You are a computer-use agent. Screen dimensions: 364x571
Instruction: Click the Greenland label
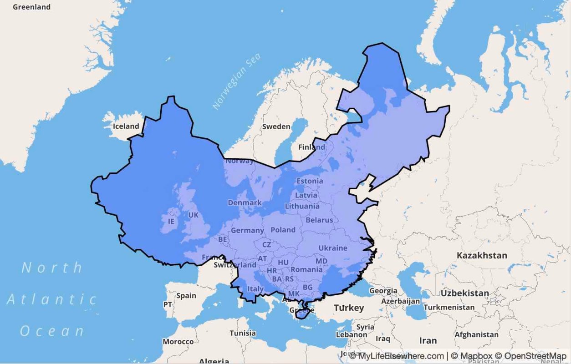point(31,7)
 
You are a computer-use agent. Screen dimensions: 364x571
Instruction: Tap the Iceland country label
point(126,126)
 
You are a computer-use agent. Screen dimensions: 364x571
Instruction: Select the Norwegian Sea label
point(237,82)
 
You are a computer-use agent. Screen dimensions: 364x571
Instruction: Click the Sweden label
point(276,126)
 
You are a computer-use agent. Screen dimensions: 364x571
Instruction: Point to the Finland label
point(311,147)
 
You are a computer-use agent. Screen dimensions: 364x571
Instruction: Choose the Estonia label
point(310,181)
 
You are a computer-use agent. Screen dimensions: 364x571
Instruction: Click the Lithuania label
point(302,206)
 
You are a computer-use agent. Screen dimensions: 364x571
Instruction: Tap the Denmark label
point(245,202)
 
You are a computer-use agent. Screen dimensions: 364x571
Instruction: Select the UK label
point(194,215)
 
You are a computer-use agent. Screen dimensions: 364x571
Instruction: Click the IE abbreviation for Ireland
point(171,222)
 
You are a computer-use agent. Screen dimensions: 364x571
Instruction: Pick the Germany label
point(247,231)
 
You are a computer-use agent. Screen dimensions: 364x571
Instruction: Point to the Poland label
point(283,230)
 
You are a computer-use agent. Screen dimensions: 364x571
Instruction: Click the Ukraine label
point(333,248)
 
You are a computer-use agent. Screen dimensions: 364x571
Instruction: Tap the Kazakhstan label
point(482,255)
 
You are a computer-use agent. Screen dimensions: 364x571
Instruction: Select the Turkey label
point(349,308)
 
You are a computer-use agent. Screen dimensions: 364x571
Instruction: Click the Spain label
point(186,296)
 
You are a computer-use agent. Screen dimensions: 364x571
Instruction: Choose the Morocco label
point(178,342)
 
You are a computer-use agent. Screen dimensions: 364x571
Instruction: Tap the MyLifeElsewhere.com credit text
point(396,356)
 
